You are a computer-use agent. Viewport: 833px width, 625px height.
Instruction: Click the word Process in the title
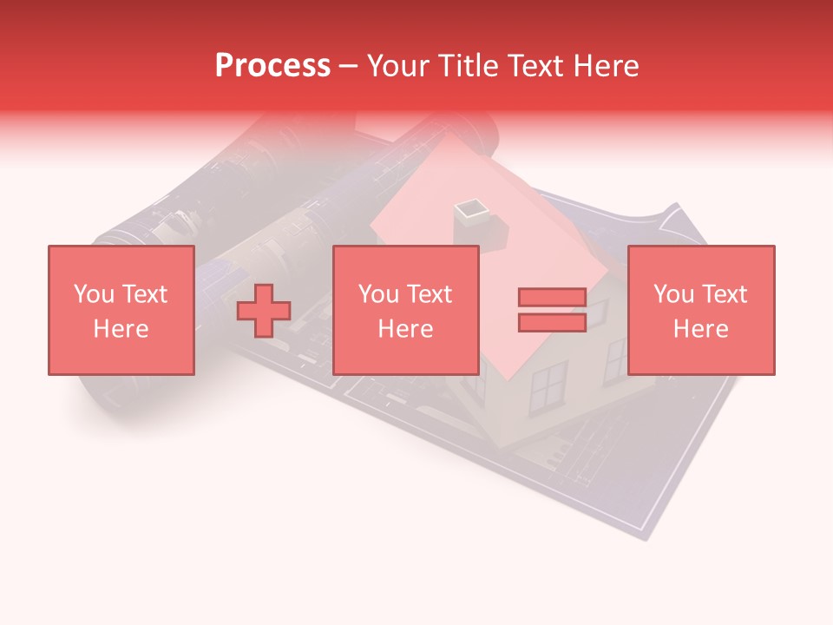click(x=272, y=66)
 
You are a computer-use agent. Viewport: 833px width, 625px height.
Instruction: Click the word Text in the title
click(x=535, y=66)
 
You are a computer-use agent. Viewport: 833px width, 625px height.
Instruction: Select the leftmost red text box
click(x=121, y=310)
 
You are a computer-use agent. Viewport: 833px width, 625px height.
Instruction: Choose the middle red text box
click(x=406, y=310)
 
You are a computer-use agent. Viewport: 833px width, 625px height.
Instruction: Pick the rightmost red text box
click(x=701, y=310)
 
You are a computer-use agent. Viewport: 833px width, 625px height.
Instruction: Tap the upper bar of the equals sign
click(x=552, y=297)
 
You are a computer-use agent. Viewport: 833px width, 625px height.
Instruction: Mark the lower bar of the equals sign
click(x=552, y=323)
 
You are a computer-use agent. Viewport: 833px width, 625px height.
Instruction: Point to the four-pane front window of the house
click(x=548, y=387)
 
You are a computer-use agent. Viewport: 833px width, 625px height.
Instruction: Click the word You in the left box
click(x=94, y=294)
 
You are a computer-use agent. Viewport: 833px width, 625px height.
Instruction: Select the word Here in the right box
click(x=701, y=329)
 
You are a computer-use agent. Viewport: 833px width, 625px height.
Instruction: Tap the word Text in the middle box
click(x=430, y=294)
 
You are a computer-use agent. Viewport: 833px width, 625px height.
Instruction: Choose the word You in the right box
click(x=673, y=294)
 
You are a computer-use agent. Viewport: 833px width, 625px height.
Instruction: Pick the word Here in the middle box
click(x=406, y=329)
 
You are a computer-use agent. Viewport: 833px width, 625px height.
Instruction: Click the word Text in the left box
click(x=145, y=294)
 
